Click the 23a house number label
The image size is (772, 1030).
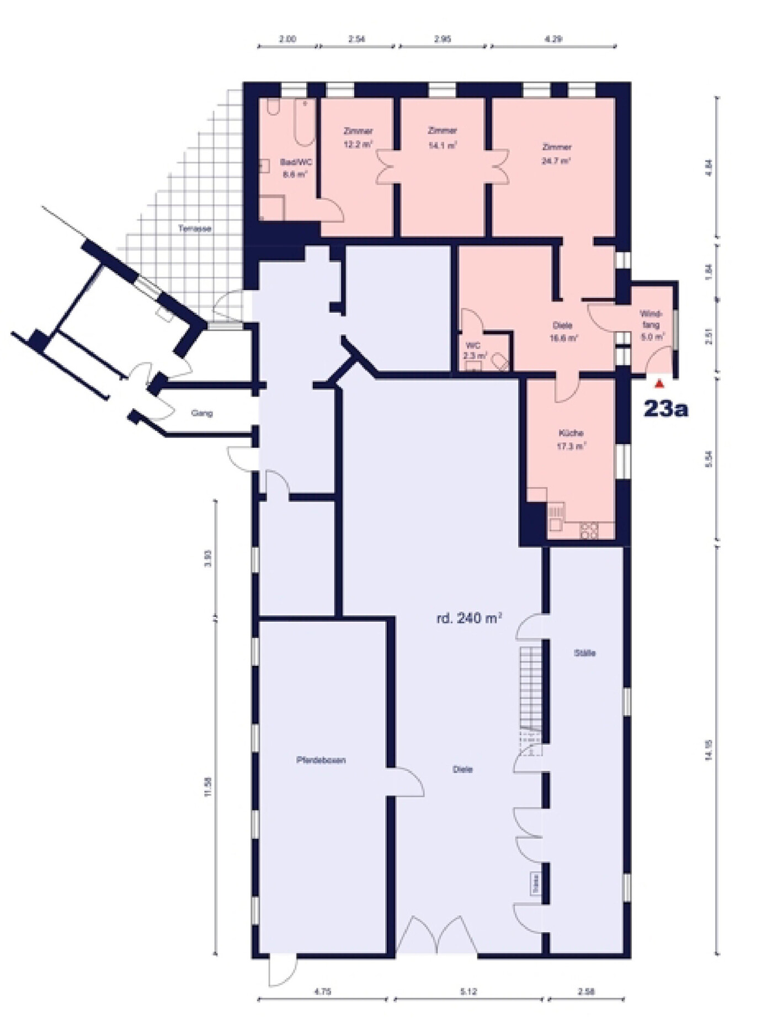(x=665, y=409)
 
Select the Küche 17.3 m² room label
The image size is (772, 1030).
(x=571, y=440)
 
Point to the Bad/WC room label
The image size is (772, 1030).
(x=294, y=168)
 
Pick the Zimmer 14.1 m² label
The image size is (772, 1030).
(x=443, y=138)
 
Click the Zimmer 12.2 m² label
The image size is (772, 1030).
(x=358, y=138)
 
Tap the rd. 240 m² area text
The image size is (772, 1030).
(x=469, y=618)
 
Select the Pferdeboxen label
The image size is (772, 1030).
(x=321, y=760)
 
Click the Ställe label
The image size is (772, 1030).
(x=584, y=653)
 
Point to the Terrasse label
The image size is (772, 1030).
(x=195, y=228)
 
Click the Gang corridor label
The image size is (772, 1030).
(x=201, y=413)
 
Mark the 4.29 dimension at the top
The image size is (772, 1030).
(x=553, y=39)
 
